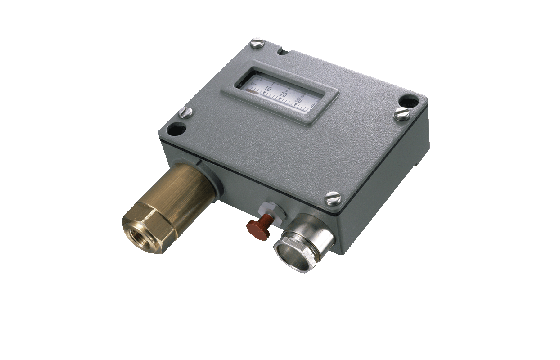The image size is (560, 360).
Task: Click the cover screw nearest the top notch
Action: click(x=256, y=42)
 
